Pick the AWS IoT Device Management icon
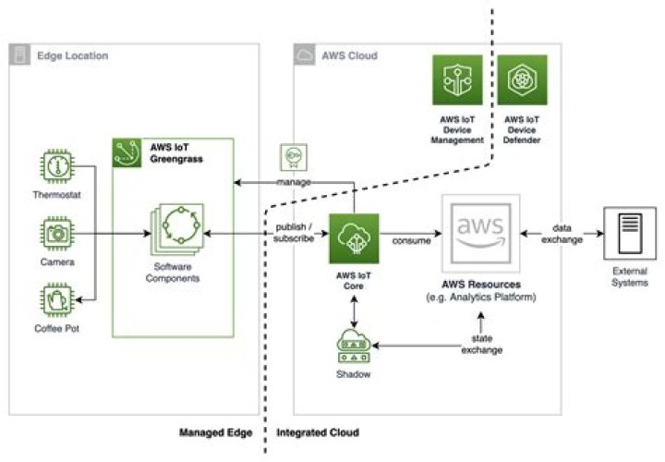459,79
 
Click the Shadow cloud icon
353,345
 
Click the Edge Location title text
72,55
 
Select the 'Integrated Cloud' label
317,432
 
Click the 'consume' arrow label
408,242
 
